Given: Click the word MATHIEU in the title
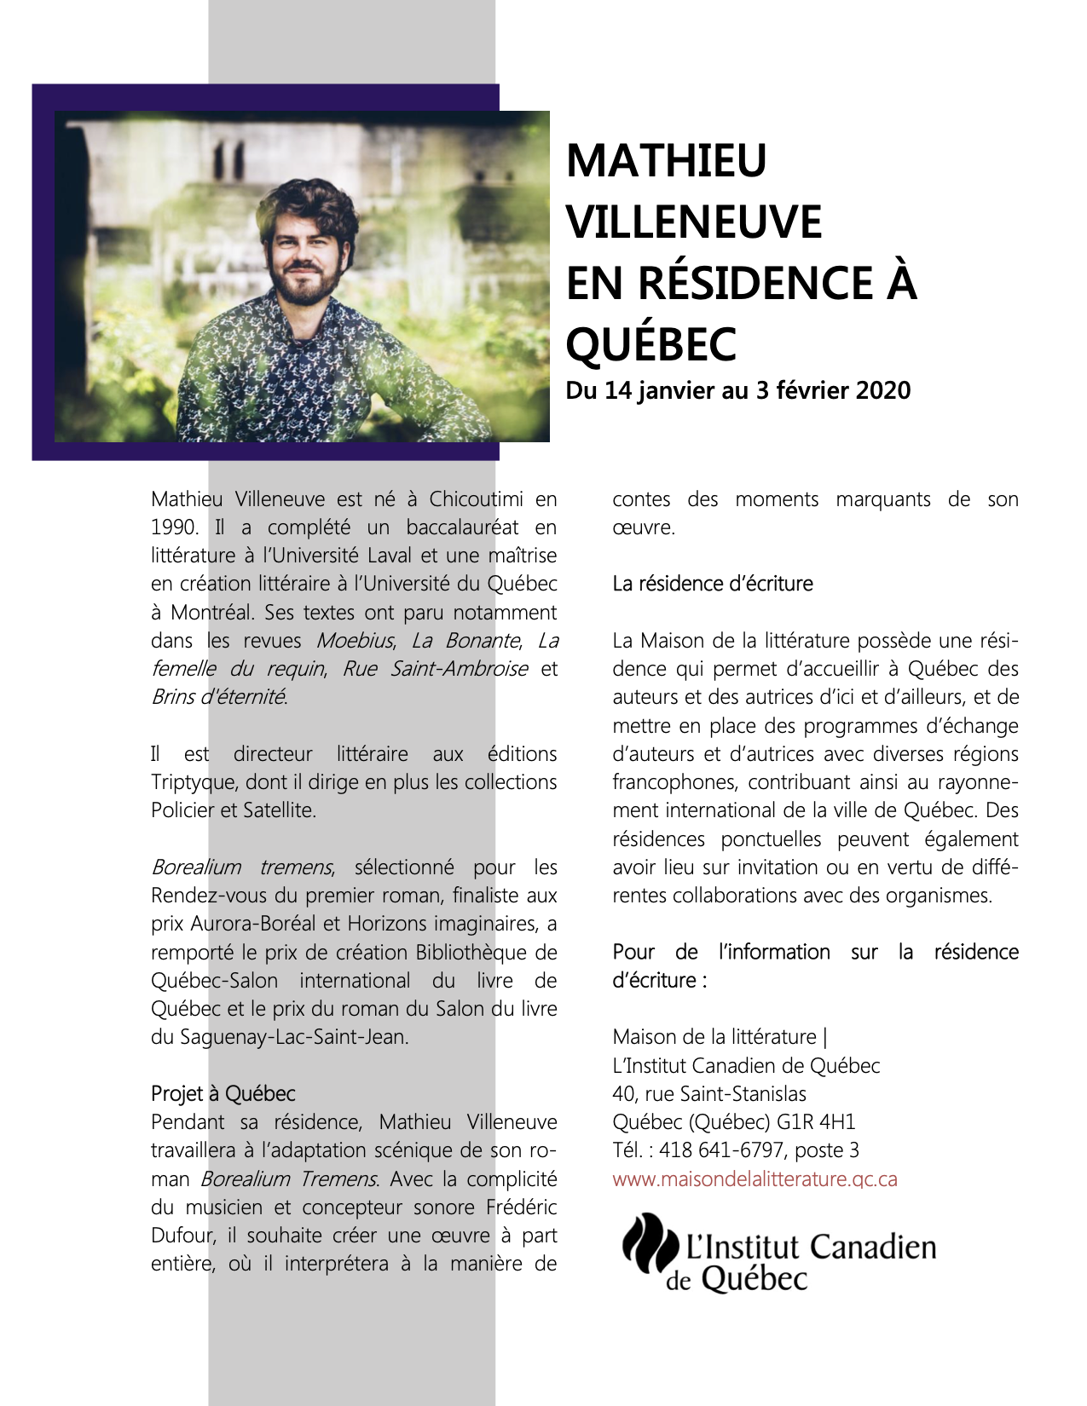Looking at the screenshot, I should click(666, 160).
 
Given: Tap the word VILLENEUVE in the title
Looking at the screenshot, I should click(694, 222).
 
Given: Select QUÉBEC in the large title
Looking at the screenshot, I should click(651, 344).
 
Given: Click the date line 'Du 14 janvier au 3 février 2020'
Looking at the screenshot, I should click(738, 390).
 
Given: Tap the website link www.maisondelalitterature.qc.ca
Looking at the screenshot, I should click(755, 1179).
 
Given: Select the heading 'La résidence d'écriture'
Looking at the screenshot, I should click(713, 584).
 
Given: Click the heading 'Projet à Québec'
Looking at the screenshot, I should click(223, 1094).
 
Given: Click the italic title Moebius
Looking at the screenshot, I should click(356, 641).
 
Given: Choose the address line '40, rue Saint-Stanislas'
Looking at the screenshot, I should click(709, 1094).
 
